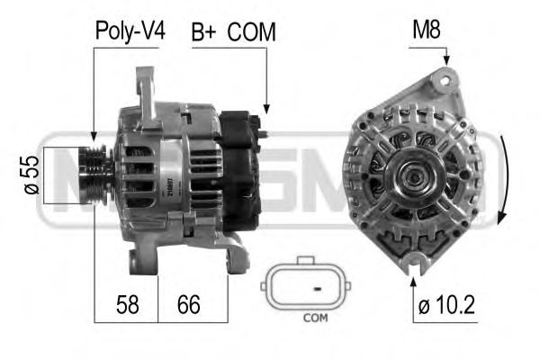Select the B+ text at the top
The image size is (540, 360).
coord(204,32)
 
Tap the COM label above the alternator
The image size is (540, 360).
coord(251,32)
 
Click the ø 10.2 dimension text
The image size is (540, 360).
coord(445,306)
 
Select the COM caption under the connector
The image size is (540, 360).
coord(315,318)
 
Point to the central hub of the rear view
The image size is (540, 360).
coord(415,176)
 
